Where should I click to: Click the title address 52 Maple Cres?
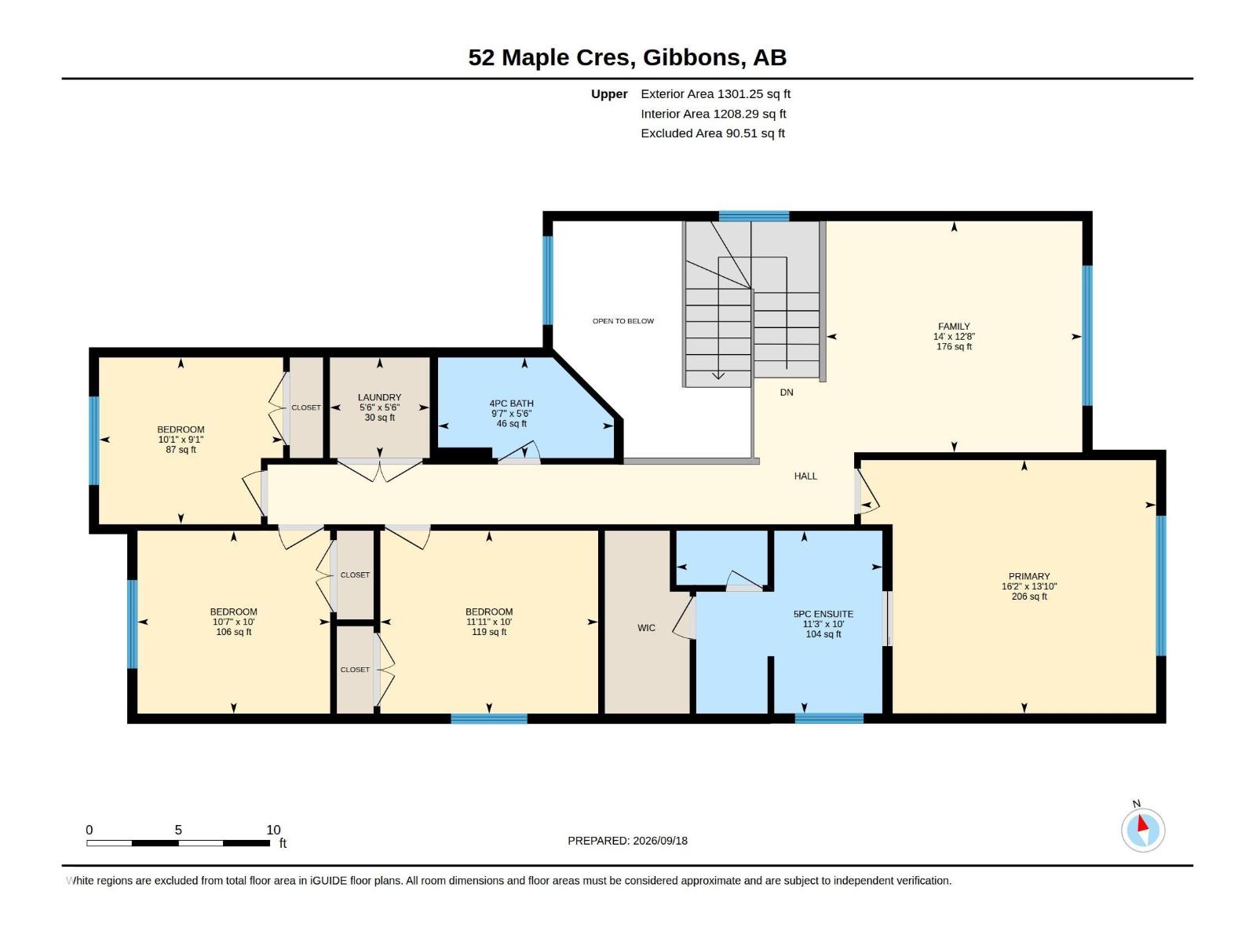click(x=551, y=57)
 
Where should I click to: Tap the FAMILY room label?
click(x=954, y=327)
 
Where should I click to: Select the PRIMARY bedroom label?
click(x=1029, y=576)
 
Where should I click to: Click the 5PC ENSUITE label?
click(x=823, y=614)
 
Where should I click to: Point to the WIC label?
click(x=646, y=628)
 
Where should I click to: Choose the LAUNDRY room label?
click(x=379, y=397)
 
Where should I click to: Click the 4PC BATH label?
click(x=511, y=403)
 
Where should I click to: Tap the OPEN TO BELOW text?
click(x=623, y=321)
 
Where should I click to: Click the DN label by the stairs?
click(x=787, y=392)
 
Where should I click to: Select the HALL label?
click(x=805, y=476)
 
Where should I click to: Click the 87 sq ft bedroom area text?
click(x=181, y=450)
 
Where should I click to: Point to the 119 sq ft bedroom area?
click(x=489, y=632)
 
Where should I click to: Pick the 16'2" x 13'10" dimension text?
click(x=1029, y=586)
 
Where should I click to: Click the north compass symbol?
click(x=1143, y=830)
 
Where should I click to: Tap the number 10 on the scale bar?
click(x=273, y=830)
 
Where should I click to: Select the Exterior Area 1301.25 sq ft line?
click(x=715, y=93)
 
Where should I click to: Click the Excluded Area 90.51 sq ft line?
click(x=713, y=133)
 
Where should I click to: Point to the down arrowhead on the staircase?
click(x=718, y=376)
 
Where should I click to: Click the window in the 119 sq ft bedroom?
click(x=489, y=719)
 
